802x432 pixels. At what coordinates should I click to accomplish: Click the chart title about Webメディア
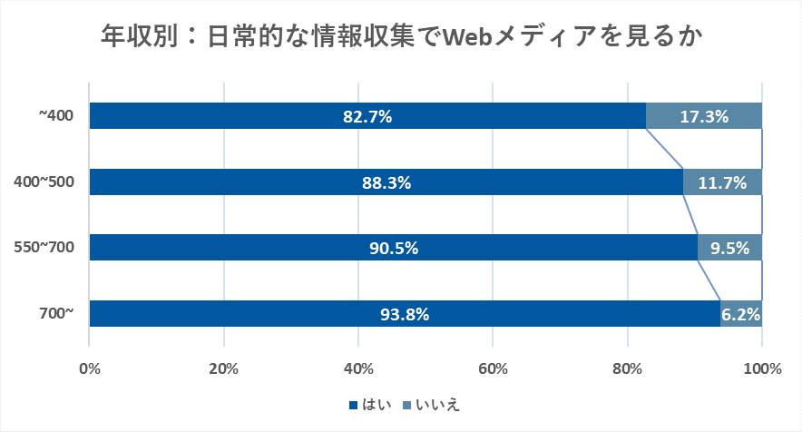tap(401, 37)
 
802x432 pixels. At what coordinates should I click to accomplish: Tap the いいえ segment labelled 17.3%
tap(703, 116)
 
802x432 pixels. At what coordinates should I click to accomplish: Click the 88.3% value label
tap(386, 182)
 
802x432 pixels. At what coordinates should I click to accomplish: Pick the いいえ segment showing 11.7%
tap(722, 182)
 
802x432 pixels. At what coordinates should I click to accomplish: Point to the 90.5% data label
tap(393, 248)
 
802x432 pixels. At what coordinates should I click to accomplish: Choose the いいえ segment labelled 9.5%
tap(729, 248)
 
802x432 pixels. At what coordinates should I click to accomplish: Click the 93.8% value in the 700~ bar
tap(404, 314)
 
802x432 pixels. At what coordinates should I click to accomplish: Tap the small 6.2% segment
tap(741, 314)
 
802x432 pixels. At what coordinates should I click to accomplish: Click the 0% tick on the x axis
tap(90, 368)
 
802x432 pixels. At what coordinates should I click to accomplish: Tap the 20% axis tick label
tap(223, 368)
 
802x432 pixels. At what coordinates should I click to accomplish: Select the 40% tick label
tap(358, 368)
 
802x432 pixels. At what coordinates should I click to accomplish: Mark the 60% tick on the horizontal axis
tap(493, 368)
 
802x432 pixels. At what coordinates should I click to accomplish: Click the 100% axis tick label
tap(761, 368)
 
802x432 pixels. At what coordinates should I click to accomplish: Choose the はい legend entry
tap(369, 405)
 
